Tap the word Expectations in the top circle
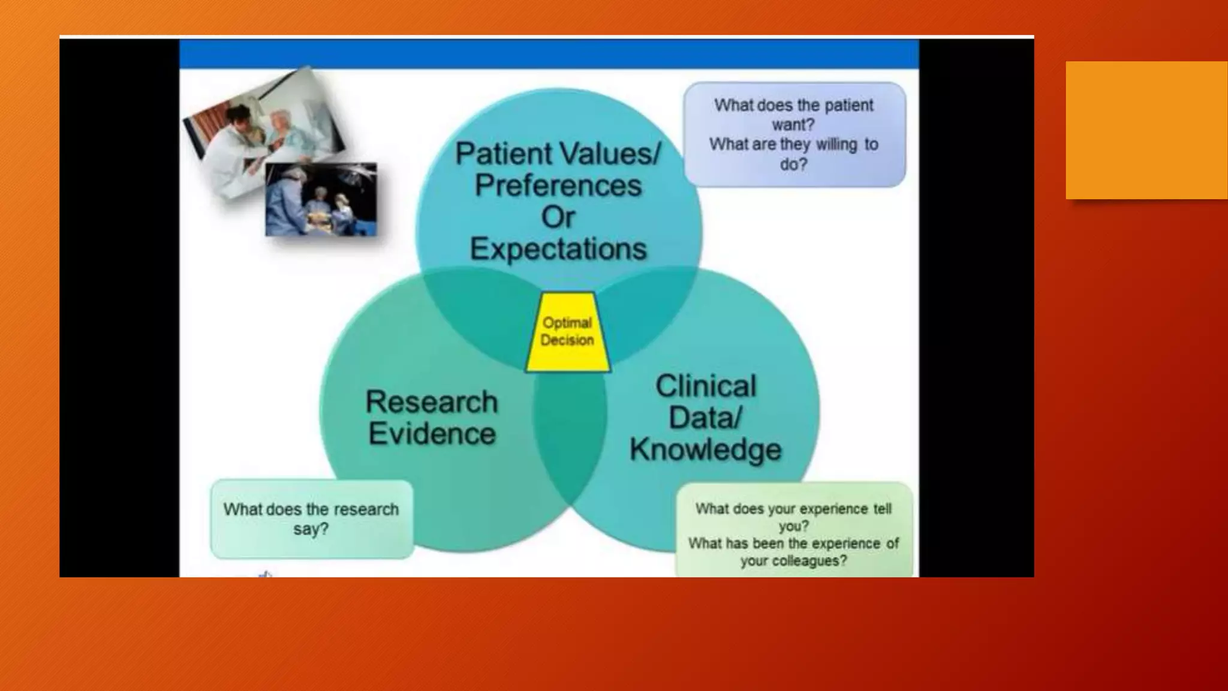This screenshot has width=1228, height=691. point(558,249)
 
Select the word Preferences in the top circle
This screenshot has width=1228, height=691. point(558,185)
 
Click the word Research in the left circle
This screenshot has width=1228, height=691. point(432,402)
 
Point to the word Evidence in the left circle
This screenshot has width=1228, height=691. point(432,434)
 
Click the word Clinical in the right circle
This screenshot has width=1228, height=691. point(706,386)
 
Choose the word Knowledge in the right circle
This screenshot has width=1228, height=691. point(706,450)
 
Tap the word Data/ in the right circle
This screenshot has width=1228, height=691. point(706,417)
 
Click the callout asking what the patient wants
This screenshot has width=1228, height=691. point(794,134)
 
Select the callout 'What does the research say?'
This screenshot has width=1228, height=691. point(311,519)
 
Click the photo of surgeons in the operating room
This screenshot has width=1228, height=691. point(321,200)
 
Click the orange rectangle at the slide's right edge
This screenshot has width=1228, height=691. point(1146,130)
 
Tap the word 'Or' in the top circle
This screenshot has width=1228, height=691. point(558,217)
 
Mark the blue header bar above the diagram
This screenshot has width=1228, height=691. point(549,54)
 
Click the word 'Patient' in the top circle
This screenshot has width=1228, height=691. point(502,154)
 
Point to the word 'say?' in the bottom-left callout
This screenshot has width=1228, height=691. point(311,529)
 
